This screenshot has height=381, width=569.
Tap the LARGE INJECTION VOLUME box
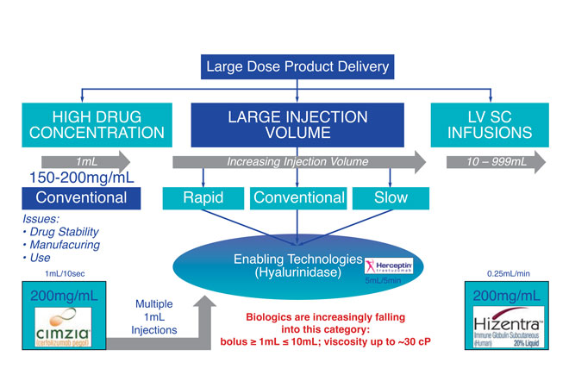click(298, 123)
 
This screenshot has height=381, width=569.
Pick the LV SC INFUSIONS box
click(490, 124)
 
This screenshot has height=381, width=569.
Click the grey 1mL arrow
click(84, 161)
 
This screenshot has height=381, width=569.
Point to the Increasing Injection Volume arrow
click(298, 161)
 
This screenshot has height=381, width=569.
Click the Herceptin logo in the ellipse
click(389, 266)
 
